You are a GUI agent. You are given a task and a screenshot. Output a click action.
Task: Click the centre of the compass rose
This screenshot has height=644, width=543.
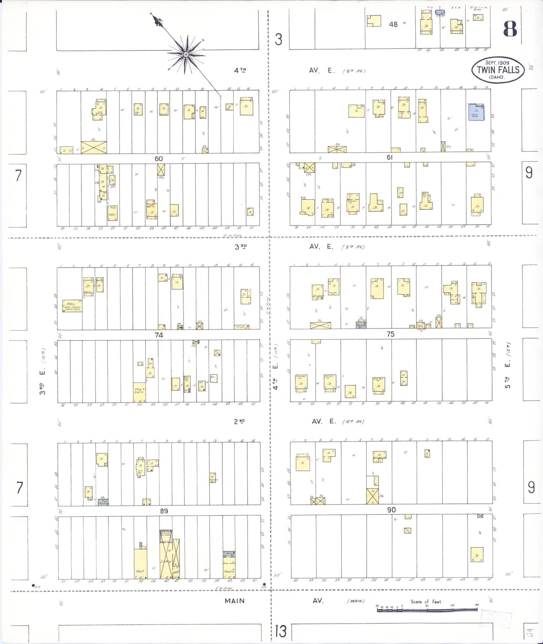click(186, 55)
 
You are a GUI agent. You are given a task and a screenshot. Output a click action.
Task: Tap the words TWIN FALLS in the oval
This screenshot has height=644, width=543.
click(498, 70)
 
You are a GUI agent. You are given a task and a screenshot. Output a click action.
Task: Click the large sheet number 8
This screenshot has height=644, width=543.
click(510, 29)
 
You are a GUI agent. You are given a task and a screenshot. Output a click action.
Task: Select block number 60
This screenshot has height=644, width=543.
click(159, 159)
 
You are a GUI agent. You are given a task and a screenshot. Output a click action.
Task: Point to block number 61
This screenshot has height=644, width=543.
click(390, 157)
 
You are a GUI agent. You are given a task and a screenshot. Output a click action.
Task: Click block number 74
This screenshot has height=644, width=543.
click(159, 335)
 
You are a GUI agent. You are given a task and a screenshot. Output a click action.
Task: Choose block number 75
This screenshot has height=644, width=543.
click(390, 334)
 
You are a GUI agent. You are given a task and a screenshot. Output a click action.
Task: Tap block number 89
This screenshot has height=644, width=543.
click(164, 511)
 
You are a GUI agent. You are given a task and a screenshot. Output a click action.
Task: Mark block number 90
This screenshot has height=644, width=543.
click(391, 510)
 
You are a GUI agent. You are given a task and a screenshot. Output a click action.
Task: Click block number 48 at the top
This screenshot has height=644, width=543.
click(393, 24)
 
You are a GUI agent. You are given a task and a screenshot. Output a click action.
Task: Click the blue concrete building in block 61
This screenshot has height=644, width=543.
click(476, 112)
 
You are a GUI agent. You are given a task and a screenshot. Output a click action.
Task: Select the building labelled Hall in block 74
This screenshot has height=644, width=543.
click(72, 306)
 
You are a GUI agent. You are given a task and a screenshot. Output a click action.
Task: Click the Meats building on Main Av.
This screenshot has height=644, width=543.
click(229, 568)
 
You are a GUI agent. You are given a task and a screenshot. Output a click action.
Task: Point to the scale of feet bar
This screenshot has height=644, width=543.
click(427, 609)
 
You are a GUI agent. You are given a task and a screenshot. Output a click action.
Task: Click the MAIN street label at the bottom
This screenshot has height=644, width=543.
click(234, 601)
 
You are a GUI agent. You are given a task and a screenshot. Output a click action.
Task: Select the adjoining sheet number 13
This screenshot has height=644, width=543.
click(281, 631)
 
